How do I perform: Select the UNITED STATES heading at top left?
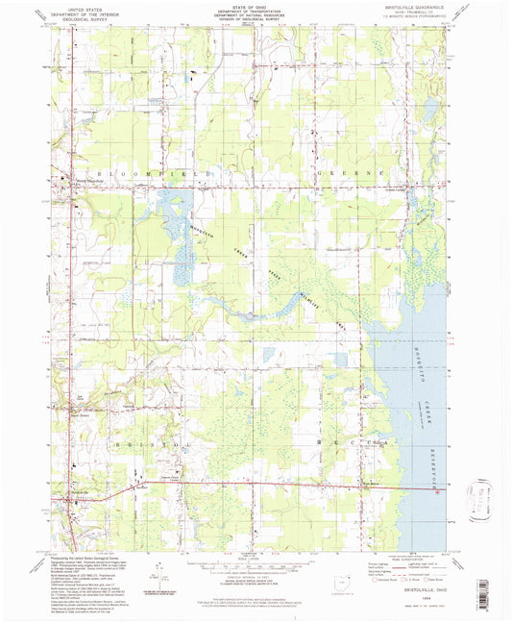[79, 9]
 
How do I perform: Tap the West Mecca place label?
[374, 487]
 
